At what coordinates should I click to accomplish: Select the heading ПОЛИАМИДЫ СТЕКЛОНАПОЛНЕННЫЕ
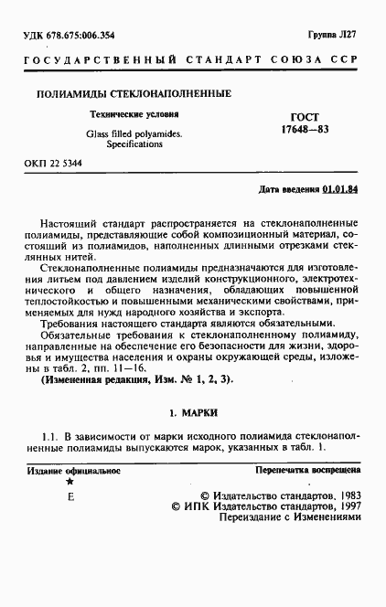coord(133,94)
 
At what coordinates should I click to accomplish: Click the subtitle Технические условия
coord(140,115)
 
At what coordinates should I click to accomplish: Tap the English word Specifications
coord(134,144)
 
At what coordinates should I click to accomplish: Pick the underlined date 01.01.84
coord(340,189)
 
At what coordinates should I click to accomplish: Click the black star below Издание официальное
coord(70,481)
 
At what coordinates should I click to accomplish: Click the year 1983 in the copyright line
coord(345,491)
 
